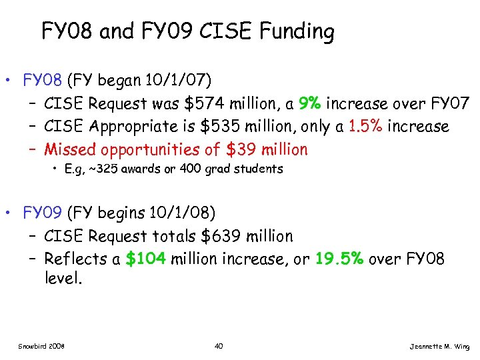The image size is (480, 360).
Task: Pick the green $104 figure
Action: (x=146, y=259)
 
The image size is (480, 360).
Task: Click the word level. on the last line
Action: (x=63, y=278)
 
